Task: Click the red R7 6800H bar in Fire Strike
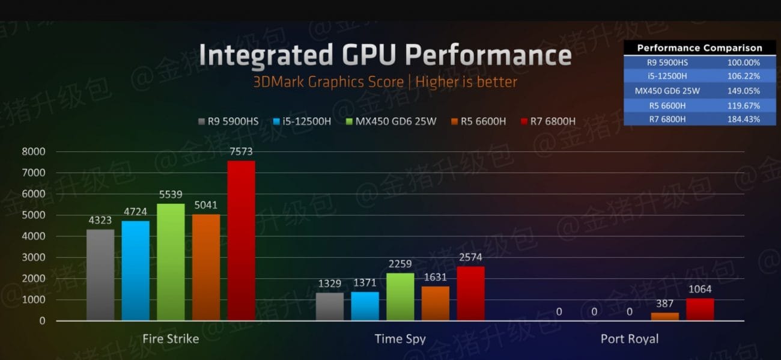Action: (241, 240)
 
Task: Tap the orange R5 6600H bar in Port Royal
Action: (665, 316)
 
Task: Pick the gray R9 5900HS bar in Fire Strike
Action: (100, 275)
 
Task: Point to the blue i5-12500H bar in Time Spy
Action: (365, 306)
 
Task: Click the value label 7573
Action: (241, 151)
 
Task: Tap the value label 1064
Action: (700, 289)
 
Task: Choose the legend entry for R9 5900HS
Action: (228, 121)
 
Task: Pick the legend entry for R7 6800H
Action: (548, 121)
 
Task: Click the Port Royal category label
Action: (630, 339)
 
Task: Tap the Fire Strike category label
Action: (171, 339)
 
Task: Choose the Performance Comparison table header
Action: (699, 48)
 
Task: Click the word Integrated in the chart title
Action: (265, 55)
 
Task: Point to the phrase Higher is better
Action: (466, 82)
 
